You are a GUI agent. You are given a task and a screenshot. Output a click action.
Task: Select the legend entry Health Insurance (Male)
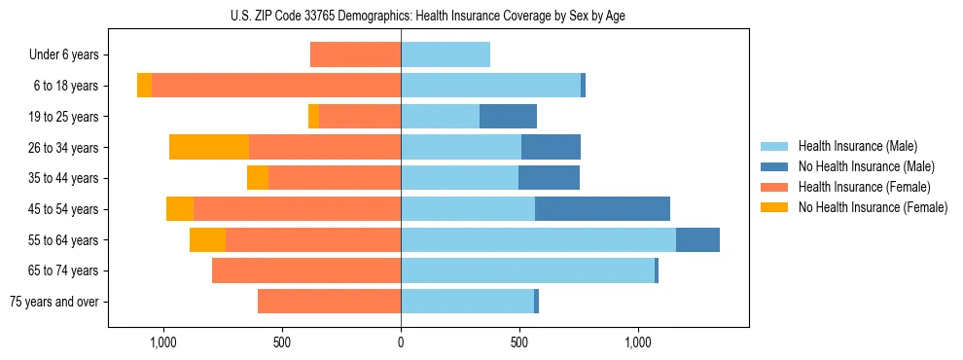[x=857, y=146]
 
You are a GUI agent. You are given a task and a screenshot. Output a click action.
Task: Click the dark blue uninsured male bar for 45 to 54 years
[x=602, y=209]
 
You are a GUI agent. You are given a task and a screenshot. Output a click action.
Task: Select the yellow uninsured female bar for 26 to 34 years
[x=208, y=148]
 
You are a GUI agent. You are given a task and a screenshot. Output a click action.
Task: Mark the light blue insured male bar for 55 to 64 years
[x=538, y=240]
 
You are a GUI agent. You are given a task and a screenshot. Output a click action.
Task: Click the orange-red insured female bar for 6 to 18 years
[x=276, y=86]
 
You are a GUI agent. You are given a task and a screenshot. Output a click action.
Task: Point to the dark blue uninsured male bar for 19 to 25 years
[x=508, y=117]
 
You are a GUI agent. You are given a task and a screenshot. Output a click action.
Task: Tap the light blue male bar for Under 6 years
[x=446, y=55]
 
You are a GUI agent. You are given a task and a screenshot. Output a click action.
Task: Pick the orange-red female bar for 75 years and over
[x=329, y=302]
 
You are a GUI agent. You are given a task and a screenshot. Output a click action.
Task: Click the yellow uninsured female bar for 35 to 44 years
[x=257, y=178]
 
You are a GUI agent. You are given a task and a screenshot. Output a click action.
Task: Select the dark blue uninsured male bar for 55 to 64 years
[x=697, y=240]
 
